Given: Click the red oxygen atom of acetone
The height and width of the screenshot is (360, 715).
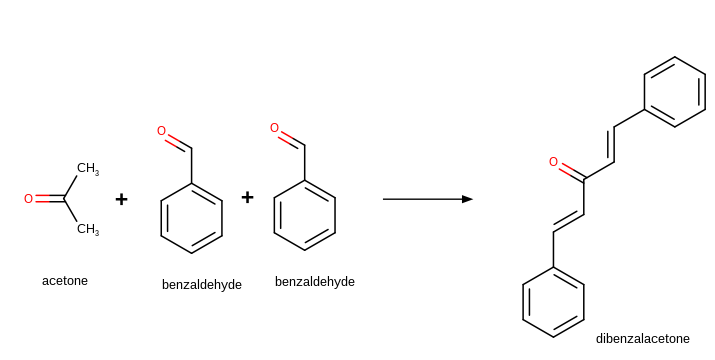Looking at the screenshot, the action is tap(28, 199).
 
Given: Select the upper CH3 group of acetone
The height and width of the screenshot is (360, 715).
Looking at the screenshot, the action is tap(88, 169).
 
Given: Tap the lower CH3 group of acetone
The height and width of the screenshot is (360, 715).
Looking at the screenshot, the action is tap(88, 229).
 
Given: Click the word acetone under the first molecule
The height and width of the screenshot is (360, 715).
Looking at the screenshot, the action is tap(65, 281).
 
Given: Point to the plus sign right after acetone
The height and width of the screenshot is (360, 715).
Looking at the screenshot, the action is tap(121, 199).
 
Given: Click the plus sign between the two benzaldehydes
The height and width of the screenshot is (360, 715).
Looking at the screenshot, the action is tap(247, 197).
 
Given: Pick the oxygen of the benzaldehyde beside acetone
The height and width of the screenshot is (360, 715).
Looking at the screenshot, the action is tap(161, 131).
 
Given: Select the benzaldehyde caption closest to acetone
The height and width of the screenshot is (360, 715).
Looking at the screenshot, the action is tap(202, 285).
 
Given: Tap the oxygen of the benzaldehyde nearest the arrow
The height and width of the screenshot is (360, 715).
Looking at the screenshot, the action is tap(274, 128).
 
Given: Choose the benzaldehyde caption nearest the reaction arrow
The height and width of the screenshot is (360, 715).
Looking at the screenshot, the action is tap(315, 282).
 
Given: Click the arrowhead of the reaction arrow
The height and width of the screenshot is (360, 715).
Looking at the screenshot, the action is tap(467, 199).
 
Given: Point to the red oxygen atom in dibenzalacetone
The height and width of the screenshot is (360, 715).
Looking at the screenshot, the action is tap(553, 162).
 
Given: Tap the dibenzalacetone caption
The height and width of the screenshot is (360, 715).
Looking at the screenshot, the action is tap(642, 339).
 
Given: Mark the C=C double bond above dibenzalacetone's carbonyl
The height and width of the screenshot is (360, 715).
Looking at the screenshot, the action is tap(612, 144).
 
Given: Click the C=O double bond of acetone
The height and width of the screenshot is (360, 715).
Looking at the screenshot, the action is tap(49, 199).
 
